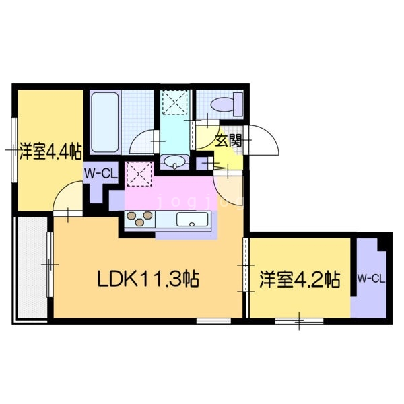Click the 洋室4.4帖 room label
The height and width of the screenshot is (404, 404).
tap(50, 151)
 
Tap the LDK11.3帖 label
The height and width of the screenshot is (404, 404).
tap(148, 279)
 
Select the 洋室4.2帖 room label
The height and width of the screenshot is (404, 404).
tap(300, 279)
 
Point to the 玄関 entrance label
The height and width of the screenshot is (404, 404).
tap(228, 141)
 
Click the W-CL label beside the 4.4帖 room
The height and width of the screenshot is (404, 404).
tap(101, 174)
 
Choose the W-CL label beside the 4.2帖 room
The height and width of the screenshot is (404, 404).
tap(371, 279)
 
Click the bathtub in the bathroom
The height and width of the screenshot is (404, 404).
tap(105, 122)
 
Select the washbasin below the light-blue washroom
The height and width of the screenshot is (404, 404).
tap(174, 162)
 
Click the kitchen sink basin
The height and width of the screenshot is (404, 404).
tap(192, 220)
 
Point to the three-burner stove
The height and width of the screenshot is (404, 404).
tap(139, 219)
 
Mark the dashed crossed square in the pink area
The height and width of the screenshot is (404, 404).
tap(139, 174)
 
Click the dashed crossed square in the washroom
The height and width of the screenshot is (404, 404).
tap(175, 102)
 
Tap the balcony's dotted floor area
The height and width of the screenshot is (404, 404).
tap(32, 268)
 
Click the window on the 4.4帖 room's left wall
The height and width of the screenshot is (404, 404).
tap(14, 150)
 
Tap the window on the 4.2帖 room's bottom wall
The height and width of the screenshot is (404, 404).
tap(299, 321)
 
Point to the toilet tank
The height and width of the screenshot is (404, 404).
tap(238, 104)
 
